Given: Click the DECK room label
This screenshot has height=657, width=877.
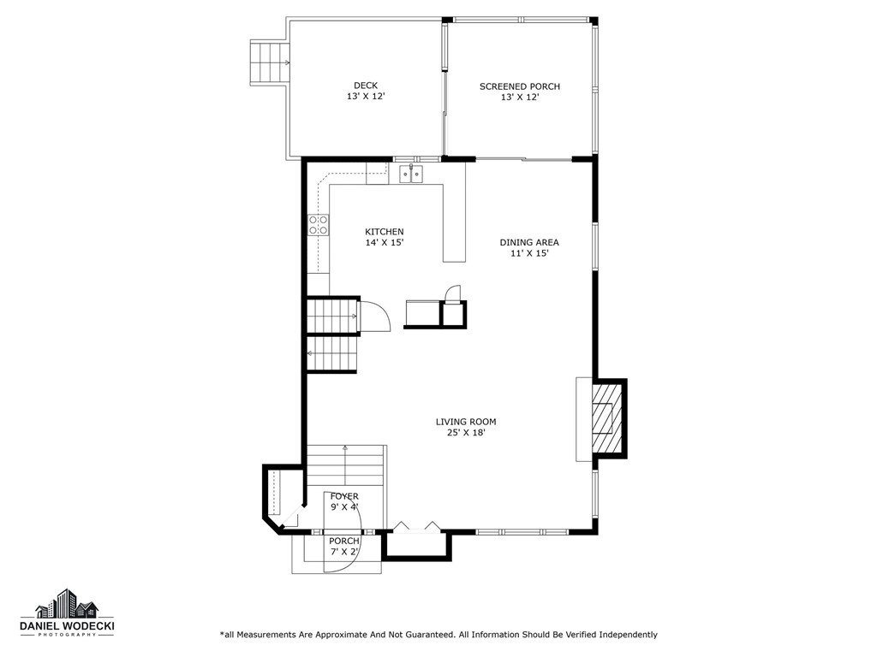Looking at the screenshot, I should [x=365, y=86].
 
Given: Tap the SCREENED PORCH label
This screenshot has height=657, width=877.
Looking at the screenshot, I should [x=519, y=86].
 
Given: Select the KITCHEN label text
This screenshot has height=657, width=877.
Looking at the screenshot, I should [x=384, y=232].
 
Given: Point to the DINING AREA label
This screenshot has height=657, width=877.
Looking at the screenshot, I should [x=529, y=242].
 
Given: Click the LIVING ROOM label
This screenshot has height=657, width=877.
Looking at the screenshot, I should [x=465, y=422].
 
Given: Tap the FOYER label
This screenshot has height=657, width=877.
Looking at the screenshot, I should [x=344, y=496].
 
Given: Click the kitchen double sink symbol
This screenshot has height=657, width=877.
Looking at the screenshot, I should [x=411, y=175].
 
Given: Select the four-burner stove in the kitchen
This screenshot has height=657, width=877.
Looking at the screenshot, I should [x=319, y=225].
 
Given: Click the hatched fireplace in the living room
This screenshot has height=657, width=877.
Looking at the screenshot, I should [x=607, y=418].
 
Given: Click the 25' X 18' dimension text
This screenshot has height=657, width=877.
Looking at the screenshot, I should [x=465, y=433].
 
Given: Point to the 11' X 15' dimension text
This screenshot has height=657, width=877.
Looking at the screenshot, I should [x=529, y=253].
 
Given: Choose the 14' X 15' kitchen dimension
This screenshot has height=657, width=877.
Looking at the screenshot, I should [x=384, y=243].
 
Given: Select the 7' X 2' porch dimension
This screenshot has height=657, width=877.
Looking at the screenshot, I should [x=344, y=552].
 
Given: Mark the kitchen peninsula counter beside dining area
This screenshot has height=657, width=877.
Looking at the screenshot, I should [x=454, y=222].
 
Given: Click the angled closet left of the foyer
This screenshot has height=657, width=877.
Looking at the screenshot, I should [x=279, y=496].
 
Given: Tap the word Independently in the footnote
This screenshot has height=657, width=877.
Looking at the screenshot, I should [x=627, y=635].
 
